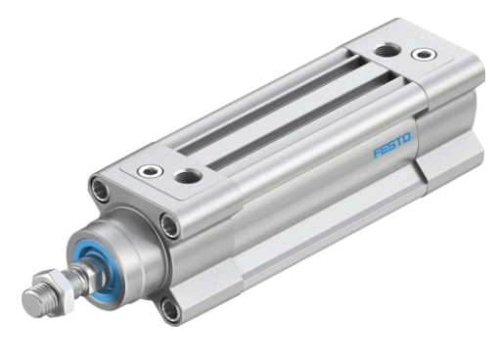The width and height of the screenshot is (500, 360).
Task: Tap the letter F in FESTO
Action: click(x=377, y=153)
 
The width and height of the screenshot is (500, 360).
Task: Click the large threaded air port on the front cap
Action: click(x=186, y=176)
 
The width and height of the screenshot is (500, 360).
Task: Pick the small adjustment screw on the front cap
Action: click(x=150, y=171)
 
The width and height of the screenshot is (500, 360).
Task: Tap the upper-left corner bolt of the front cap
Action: click(x=100, y=188)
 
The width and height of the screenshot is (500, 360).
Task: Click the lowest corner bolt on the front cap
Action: click(x=171, y=312)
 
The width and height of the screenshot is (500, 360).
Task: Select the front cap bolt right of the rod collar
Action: click(x=171, y=227)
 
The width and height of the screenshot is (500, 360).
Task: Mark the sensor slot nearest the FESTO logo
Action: click(x=294, y=122)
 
